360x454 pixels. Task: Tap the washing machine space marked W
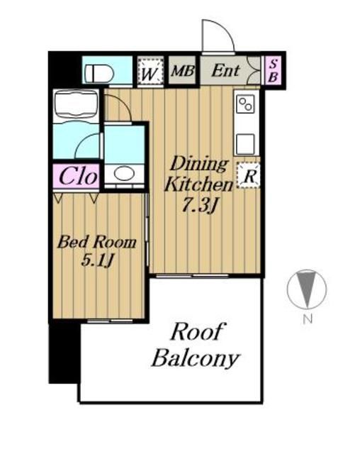point(150,71)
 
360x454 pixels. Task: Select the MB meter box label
point(182,71)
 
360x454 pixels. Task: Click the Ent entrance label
point(225,71)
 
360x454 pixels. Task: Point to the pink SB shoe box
point(273,70)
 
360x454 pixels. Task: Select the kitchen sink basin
point(245,144)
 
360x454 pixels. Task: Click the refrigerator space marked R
point(248,175)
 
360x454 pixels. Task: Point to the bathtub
point(76,105)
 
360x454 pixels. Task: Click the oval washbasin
point(124,173)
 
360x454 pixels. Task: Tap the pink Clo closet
point(77,176)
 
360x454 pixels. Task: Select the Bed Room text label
point(96,242)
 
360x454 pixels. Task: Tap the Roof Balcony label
point(196,345)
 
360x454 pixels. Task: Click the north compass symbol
point(307,289)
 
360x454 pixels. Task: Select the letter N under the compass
point(308,319)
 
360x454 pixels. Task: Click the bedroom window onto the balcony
point(110,321)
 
